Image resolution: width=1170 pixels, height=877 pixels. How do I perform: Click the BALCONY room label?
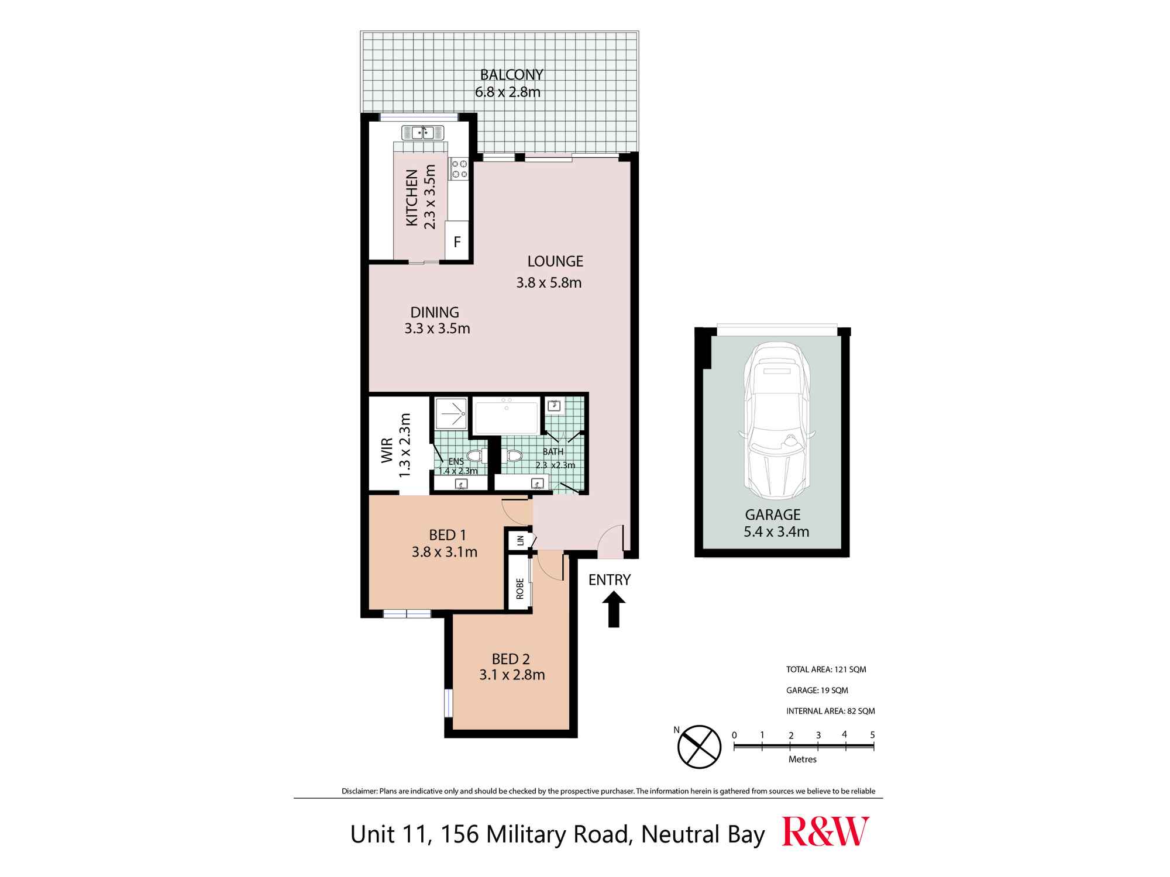511,75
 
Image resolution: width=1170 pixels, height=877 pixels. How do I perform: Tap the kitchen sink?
422,133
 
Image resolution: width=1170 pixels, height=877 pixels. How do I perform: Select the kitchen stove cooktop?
459,169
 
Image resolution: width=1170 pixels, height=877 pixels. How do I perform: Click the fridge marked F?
457,241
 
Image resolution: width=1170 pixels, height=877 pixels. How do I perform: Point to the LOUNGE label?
555,261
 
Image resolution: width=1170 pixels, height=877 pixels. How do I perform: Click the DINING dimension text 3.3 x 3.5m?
437,329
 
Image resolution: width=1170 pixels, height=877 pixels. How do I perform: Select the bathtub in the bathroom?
506,417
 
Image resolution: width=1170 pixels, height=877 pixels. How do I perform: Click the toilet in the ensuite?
475,457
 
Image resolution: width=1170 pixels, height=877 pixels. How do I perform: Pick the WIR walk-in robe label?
387,451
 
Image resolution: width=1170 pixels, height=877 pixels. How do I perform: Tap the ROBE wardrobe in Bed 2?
519,588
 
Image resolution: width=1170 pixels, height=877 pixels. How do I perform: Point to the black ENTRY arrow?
613,609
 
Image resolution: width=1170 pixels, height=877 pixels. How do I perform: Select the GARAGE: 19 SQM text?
817,690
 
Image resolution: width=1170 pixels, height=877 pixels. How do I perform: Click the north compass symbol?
698,747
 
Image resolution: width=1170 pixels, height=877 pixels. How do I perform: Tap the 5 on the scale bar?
872,735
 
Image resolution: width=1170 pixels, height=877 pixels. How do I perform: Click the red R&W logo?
825,832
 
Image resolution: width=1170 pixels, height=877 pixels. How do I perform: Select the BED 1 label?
448,535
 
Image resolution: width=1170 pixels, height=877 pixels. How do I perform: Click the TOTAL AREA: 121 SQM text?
826,669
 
